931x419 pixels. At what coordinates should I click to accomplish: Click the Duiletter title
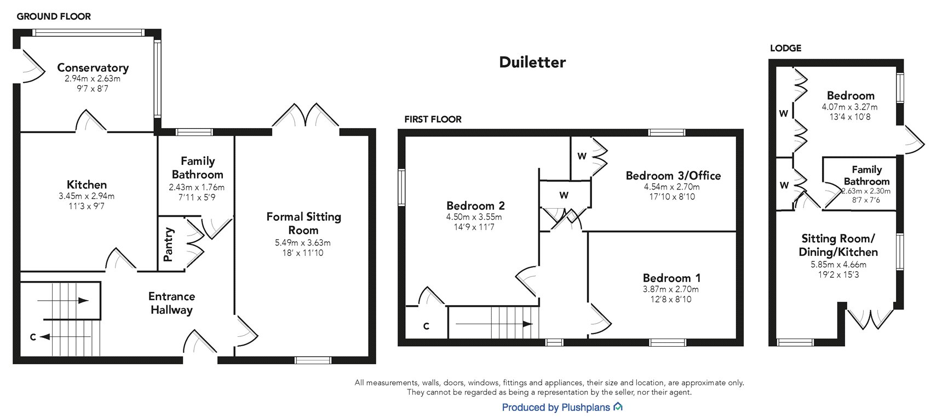tap(532, 62)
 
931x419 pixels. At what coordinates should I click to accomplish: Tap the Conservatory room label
tap(93, 68)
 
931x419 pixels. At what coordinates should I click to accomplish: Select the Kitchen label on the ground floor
tap(87, 185)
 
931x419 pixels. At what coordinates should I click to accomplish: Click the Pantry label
tap(169, 244)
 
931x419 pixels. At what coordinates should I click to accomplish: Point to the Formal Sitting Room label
tap(303, 223)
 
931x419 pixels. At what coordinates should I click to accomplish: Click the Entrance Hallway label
tap(172, 303)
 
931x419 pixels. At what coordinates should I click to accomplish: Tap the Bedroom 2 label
tap(475, 206)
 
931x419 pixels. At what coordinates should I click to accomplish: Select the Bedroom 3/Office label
tap(673, 176)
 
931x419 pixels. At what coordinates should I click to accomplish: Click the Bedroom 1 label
tap(671, 278)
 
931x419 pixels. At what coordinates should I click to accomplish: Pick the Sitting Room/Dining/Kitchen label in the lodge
tap(838, 245)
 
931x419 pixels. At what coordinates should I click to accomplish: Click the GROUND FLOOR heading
tap(54, 16)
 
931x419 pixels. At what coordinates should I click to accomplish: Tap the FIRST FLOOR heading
tap(433, 119)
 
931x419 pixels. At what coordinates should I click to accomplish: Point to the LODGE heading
tap(785, 48)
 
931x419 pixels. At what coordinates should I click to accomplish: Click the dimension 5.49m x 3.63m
tap(303, 243)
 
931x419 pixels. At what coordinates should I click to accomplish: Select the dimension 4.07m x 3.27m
tap(849, 107)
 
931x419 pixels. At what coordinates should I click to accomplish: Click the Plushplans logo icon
tap(618, 407)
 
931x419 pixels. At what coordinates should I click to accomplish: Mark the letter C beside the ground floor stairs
tap(33, 337)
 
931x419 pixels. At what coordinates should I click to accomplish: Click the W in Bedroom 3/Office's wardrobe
tap(582, 156)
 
